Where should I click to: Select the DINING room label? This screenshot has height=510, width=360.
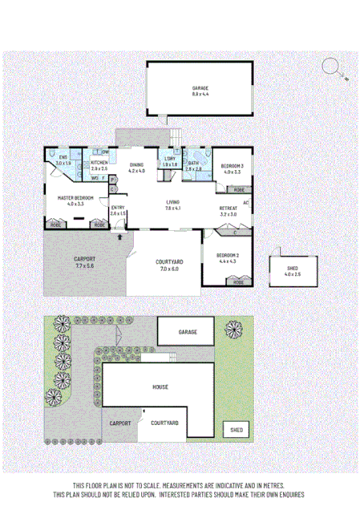(136, 164)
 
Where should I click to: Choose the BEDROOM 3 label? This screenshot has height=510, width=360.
(233, 166)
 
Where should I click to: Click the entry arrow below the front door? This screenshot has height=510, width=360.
(120, 237)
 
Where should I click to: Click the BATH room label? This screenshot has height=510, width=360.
(193, 163)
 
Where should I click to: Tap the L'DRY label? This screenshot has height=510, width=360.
(170, 159)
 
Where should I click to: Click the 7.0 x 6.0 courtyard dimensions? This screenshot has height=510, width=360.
(169, 269)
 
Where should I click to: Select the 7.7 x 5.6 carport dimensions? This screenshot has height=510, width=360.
(85, 265)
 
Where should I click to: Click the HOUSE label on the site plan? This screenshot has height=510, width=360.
(160, 387)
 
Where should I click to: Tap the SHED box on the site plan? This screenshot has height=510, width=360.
(236, 430)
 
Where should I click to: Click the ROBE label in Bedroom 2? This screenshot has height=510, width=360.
(238, 282)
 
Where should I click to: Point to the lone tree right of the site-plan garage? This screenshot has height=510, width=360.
(233, 328)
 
